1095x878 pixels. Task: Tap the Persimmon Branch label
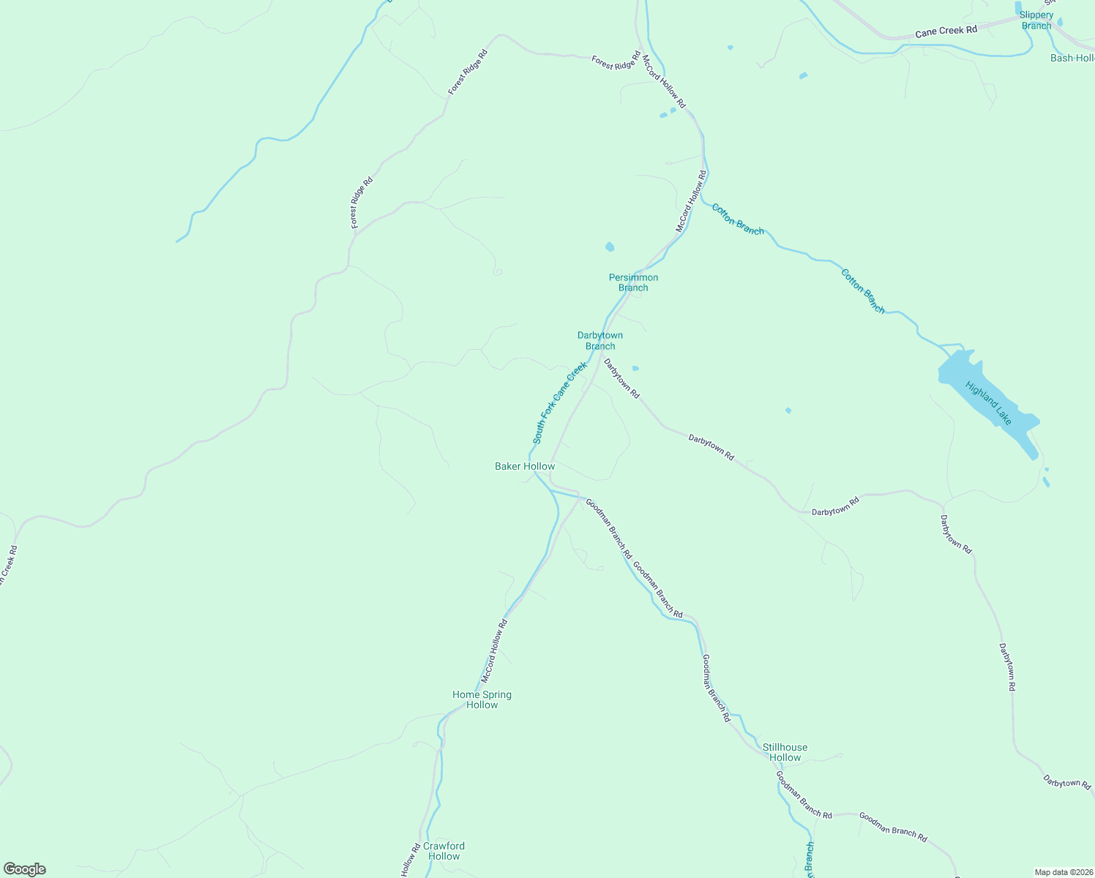[x=633, y=282]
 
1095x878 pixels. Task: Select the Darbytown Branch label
[x=600, y=341]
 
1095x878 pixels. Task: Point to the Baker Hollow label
[x=525, y=466]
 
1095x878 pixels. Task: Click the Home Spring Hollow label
[x=482, y=700]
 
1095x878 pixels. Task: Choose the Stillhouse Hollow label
[x=785, y=752]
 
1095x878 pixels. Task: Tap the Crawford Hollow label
[x=444, y=851]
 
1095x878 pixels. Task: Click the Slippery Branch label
[x=1036, y=20]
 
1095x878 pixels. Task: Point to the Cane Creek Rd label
[x=946, y=31]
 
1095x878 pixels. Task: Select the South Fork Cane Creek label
[x=559, y=403]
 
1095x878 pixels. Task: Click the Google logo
[x=24, y=869]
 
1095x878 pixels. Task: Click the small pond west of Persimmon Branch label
[x=610, y=247]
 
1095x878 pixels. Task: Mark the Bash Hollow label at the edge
[x=1072, y=58]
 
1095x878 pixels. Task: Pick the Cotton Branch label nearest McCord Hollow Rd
[x=738, y=219]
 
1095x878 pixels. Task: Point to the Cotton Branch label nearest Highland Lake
[x=863, y=291]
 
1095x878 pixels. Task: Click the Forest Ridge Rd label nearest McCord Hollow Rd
[x=616, y=61]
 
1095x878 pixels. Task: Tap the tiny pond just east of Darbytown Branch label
[x=635, y=368]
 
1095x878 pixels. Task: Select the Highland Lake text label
[x=988, y=403]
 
